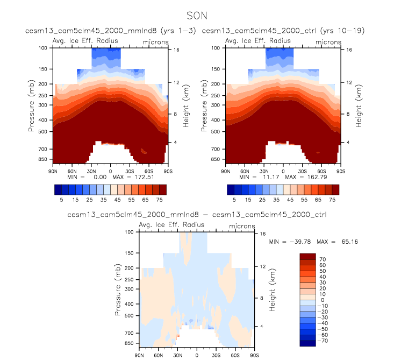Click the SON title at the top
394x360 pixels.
pyautogui.click(x=197, y=16)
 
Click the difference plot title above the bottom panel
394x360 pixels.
pyautogui.click(x=197, y=214)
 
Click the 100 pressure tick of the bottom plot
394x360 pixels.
pyautogui.click(x=129, y=232)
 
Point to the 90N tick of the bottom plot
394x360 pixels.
pyautogui.click(x=139, y=355)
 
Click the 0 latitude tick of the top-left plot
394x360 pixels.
pyautogui.click(x=111, y=170)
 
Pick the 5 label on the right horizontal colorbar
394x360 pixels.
pyautogui.click(x=234, y=199)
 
